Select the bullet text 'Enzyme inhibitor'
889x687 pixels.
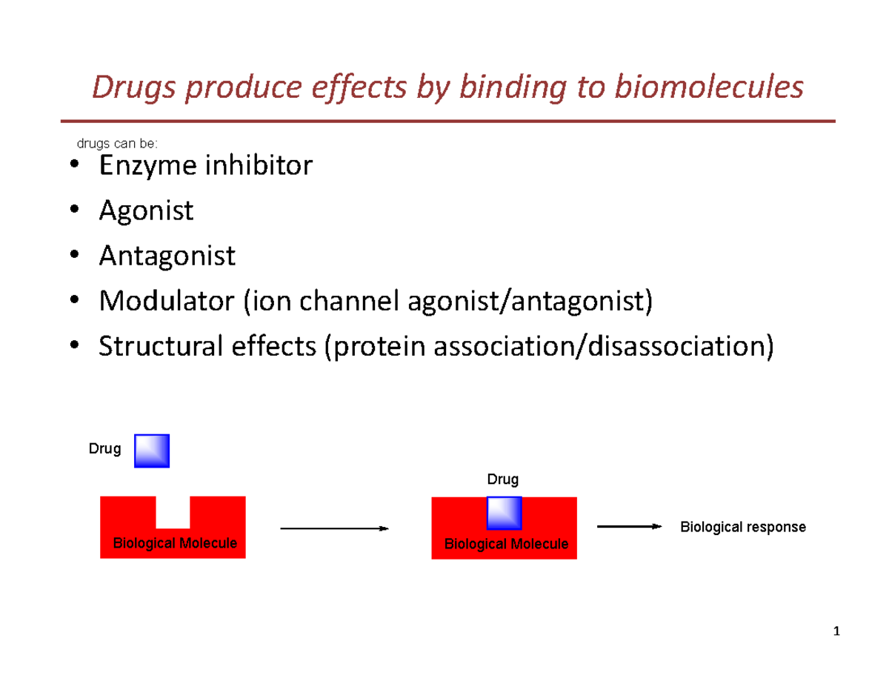(x=205, y=165)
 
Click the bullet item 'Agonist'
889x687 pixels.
(x=146, y=210)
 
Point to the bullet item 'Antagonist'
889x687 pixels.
(x=167, y=256)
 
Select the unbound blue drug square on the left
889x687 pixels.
(x=152, y=451)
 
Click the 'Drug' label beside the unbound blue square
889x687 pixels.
(x=105, y=450)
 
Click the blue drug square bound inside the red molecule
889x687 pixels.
(x=504, y=514)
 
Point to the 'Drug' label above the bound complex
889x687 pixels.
(x=502, y=479)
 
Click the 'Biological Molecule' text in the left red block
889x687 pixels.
(x=175, y=543)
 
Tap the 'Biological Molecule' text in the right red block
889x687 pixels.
(x=506, y=544)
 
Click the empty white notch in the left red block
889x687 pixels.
(x=173, y=511)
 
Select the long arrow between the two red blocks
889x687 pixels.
(x=334, y=528)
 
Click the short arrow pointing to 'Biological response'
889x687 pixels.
(x=628, y=526)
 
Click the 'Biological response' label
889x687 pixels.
(x=742, y=527)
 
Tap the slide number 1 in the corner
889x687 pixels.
(x=836, y=632)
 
